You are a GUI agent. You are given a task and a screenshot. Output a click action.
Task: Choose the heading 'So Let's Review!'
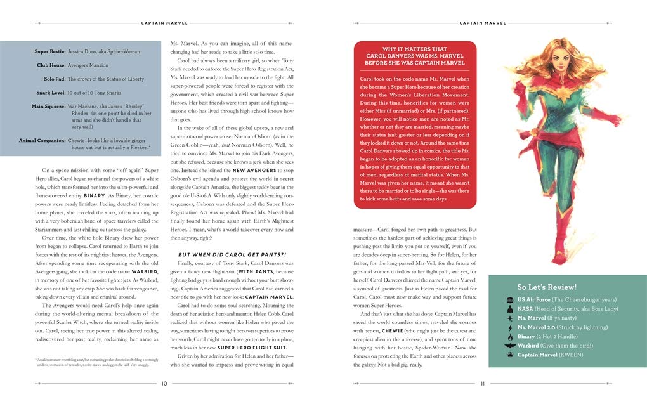click(547, 286)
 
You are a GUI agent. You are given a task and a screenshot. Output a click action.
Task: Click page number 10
click(164, 383)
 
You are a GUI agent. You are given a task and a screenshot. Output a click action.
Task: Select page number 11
click(482, 383)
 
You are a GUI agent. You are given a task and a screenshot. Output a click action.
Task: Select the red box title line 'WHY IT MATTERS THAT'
click(415, 49)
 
